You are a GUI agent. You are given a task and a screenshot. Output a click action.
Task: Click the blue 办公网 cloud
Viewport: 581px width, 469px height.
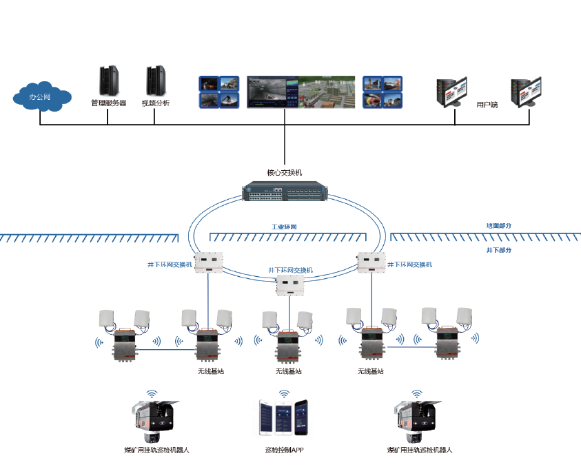click(x=41, y=96)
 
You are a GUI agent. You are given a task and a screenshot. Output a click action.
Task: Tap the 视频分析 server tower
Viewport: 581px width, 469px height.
click(x=156, y=81)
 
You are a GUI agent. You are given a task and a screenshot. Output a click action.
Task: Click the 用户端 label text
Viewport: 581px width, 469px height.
click(x=487, y=105)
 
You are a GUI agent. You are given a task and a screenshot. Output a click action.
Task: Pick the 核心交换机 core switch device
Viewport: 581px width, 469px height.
click(x=284, y=191)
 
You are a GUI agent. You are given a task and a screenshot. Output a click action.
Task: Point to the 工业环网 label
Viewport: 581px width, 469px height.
click(x=284, y=227)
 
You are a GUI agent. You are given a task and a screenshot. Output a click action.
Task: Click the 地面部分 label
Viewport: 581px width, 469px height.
click(x=498, y=226)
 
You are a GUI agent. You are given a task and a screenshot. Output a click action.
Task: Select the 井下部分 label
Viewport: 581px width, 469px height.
click(x=498, y=250)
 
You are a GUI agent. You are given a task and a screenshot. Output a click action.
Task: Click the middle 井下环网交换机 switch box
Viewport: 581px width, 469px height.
click(x=290, y=284)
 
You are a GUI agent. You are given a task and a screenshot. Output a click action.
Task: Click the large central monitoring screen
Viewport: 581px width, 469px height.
click(x=300, y=92)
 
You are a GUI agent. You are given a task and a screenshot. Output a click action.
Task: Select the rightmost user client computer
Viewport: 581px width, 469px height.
click(x=526, y=93)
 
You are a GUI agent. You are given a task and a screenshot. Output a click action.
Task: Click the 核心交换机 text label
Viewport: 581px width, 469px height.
click(x=284, y=173)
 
